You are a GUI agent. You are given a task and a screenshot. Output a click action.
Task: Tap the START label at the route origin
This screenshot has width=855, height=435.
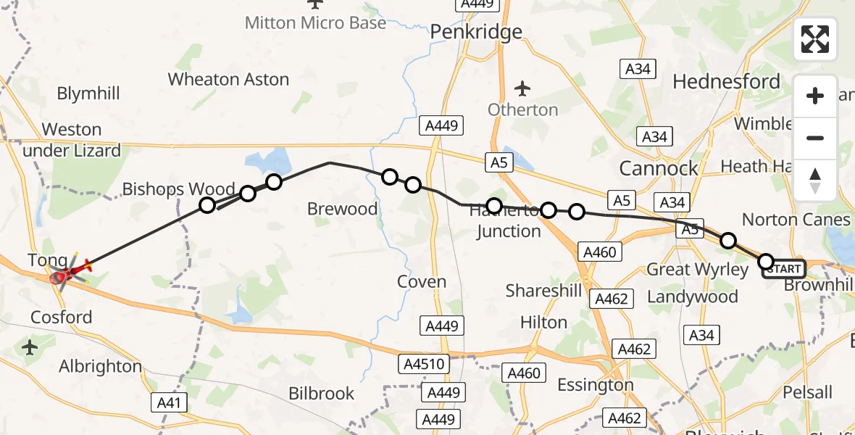[x=784, y=270]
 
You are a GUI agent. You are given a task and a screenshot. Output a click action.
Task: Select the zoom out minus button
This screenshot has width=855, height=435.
[x=815, y=138]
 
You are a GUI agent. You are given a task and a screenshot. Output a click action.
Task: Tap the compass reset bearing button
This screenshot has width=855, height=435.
[x=815, y=180]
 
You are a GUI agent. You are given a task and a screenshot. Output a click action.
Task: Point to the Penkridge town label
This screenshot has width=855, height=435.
[x=476, y=32]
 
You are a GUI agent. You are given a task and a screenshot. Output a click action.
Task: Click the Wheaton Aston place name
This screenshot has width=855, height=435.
[x=228, y=80]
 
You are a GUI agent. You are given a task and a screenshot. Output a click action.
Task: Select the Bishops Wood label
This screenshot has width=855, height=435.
[x=178, y=190]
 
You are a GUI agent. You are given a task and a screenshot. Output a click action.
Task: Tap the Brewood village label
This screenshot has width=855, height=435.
[x=342, y=210]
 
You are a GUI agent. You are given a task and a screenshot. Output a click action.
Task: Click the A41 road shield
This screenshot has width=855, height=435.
[x=172, y=402]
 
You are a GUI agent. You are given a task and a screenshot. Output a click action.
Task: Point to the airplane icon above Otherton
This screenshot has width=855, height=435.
[x=522, y=89]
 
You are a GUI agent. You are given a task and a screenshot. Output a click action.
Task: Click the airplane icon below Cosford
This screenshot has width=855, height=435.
[x=30, y=348]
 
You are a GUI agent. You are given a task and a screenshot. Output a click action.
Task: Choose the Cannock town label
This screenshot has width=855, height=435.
[x=658, y=169]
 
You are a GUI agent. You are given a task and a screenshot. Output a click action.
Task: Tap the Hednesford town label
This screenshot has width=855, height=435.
[x=726, y=82]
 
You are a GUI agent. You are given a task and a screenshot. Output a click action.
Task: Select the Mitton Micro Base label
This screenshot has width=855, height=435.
[x=315, y=23]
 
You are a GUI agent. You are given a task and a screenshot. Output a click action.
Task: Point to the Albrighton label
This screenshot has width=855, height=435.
[x=100, y=366]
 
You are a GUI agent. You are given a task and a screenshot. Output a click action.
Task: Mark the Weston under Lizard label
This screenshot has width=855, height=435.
[x=71, y=140]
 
